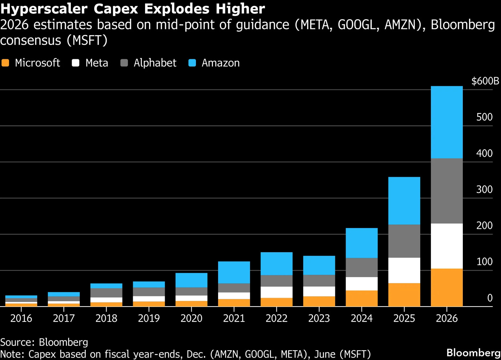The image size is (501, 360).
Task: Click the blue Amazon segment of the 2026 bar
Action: pos(446,122)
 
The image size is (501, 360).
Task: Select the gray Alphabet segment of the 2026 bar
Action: pos(446,191)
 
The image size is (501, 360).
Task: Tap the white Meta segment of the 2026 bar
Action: pos(446,246)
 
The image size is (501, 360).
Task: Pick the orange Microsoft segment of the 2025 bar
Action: pos(404,295)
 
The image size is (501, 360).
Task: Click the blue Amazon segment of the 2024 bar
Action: pos(361,243)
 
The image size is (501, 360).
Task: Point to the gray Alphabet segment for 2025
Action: pos(404,241)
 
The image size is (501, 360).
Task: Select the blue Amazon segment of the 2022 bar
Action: pos(276,263)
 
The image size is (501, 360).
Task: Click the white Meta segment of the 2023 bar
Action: pos(319,291)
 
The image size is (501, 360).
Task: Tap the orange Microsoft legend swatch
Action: pos(5,63)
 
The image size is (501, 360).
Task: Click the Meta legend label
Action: pos(97,63)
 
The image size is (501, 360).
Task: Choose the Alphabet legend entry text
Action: pos(155,63)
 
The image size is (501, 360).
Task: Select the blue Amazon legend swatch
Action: pos(192,63)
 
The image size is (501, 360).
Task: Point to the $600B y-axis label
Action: pos(485,81)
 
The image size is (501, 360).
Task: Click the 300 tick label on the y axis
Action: pos(484,189)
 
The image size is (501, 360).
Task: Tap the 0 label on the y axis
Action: pos(490,298)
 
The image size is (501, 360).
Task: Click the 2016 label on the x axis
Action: pos(21,318)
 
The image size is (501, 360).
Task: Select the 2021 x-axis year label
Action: pos(234,318)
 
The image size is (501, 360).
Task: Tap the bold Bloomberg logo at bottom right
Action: pos(473,353)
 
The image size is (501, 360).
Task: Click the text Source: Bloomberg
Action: pos(44,342)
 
